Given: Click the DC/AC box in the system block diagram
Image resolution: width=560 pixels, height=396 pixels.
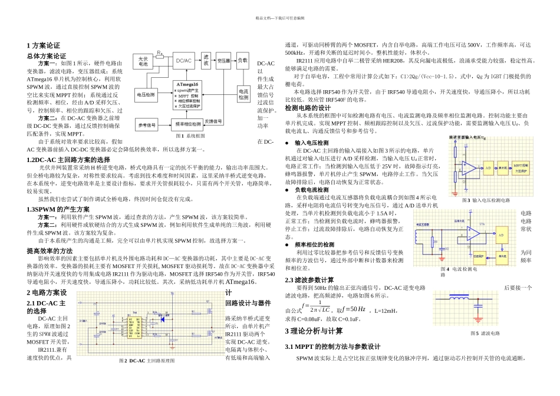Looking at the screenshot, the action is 185,60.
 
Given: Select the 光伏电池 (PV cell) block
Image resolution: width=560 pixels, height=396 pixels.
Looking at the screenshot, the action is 143,61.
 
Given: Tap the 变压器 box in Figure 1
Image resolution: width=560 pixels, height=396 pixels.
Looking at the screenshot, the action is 222,60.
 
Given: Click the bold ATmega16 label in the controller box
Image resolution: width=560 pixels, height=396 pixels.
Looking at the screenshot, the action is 187,84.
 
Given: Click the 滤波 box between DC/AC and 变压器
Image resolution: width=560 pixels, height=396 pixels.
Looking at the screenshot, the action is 205,60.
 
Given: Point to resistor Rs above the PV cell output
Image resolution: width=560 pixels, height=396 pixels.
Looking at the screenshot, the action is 160,52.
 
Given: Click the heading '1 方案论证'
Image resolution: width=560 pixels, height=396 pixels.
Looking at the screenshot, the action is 44,45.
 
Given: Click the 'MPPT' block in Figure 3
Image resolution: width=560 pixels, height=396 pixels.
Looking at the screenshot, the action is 521,167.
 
